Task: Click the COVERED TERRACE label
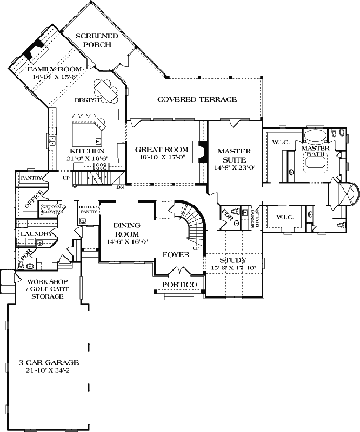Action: pyautogui.click(x=197, y=99)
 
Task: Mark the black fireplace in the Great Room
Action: pyautogui.click(x=201, y=152)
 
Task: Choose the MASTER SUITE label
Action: pyautogui.click(x=234, y=156)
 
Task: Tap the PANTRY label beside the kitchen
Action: pyautogui.click(x=30, y=177)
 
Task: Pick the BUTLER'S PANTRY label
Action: pyautogui.click(x=88, y=210)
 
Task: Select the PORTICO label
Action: pyautogui.click(x=181, y=285)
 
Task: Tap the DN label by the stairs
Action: pyautogui.click(x=119, y=187)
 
